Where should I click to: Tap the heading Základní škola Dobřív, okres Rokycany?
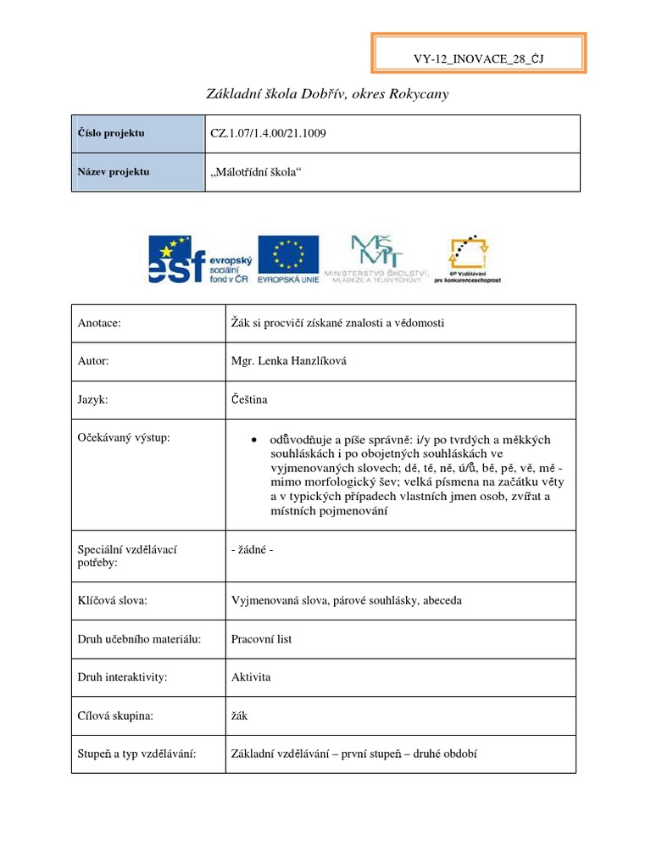point(327,94)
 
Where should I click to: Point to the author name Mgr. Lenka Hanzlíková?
point(289,361)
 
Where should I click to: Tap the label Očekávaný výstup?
point(124,437)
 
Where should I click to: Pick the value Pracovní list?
point(261,639)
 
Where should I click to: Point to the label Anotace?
point(100,324)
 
